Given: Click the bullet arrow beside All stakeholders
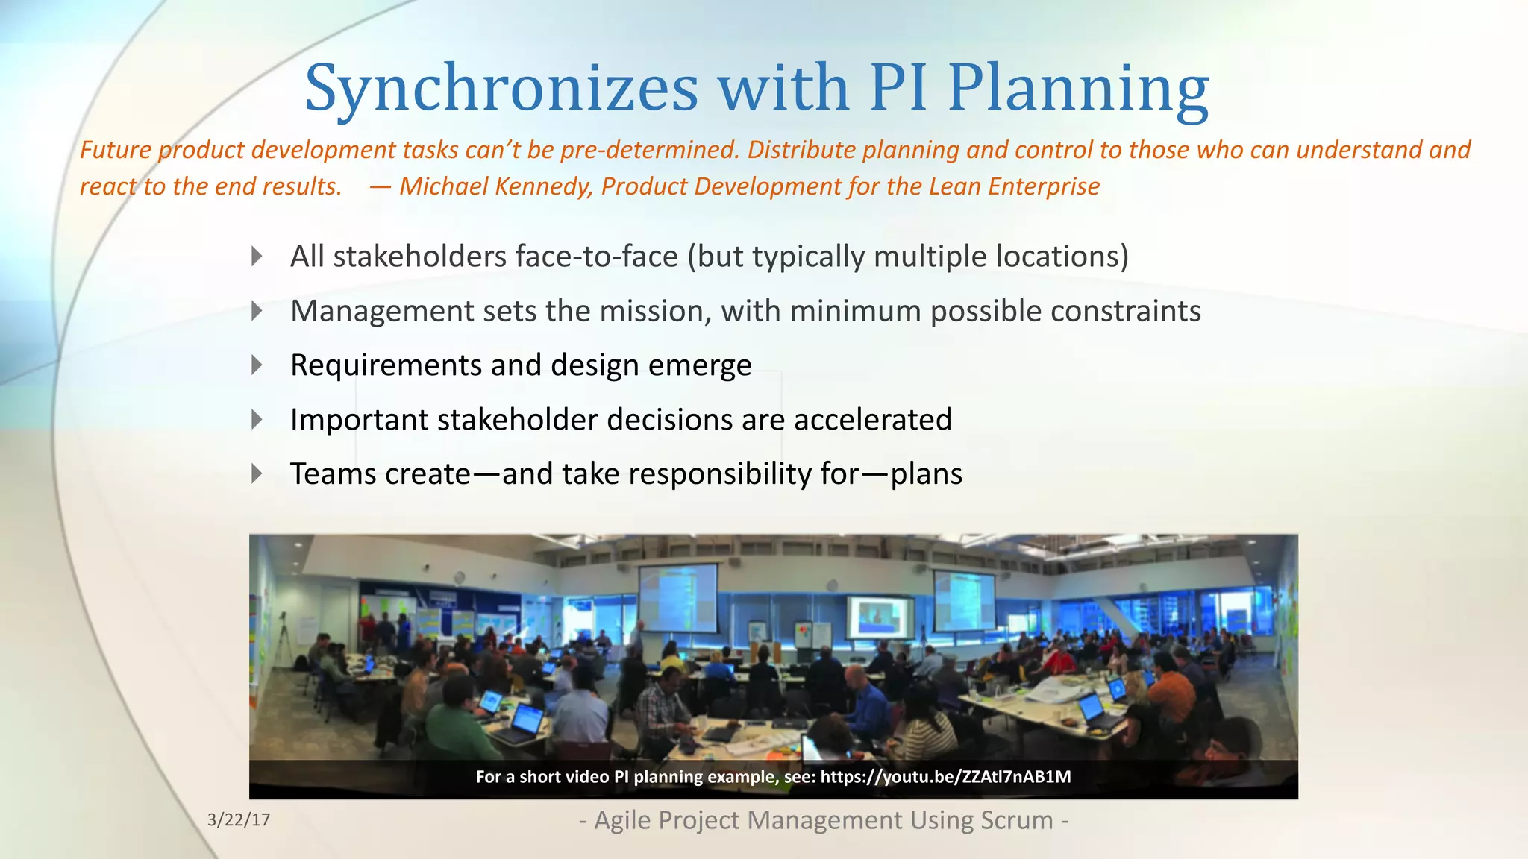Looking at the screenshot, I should (257, 257).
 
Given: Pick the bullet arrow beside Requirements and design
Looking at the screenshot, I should (257, 365).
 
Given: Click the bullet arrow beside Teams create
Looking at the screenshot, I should (257, 474).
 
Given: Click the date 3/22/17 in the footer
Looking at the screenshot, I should (239, 820).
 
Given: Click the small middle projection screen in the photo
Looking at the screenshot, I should (880, 617).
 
